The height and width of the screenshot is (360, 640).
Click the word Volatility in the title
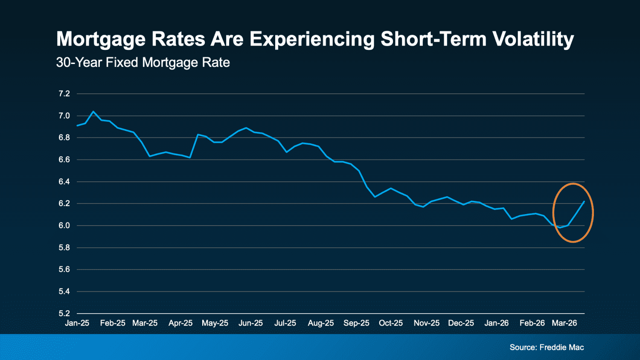[x=533, y=39]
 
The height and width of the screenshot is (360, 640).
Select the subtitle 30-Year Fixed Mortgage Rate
[x=143, y=63]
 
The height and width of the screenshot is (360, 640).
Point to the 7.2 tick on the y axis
[x=64, y=94]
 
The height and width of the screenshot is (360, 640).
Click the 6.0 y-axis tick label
[x=64, y=226]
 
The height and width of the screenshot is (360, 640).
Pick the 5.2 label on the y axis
[x=64, y=314]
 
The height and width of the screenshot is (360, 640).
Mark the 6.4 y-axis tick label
[x=64, y=182]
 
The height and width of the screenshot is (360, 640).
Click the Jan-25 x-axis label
[x=77, y=323]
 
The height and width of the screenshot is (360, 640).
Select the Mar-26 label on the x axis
[x=564, y=323]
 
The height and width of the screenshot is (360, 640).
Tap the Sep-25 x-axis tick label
[x=356, y=323]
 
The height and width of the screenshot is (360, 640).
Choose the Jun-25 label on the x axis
[x=250, y=323]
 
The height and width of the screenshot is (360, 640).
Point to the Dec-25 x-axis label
[x=461, y=323]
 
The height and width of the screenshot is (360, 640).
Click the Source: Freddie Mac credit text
[x=547, y=348]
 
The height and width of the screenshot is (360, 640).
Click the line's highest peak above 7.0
[x=93, y=112]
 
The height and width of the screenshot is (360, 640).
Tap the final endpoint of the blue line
[x=584, y=201]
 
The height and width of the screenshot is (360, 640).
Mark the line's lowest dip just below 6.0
[x=560, y=227]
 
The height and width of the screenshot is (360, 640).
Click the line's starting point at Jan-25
[x=77, y=125]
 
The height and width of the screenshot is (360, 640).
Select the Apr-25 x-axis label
[x=180, y=323]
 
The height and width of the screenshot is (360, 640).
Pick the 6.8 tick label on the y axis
[x=64, y=138]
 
